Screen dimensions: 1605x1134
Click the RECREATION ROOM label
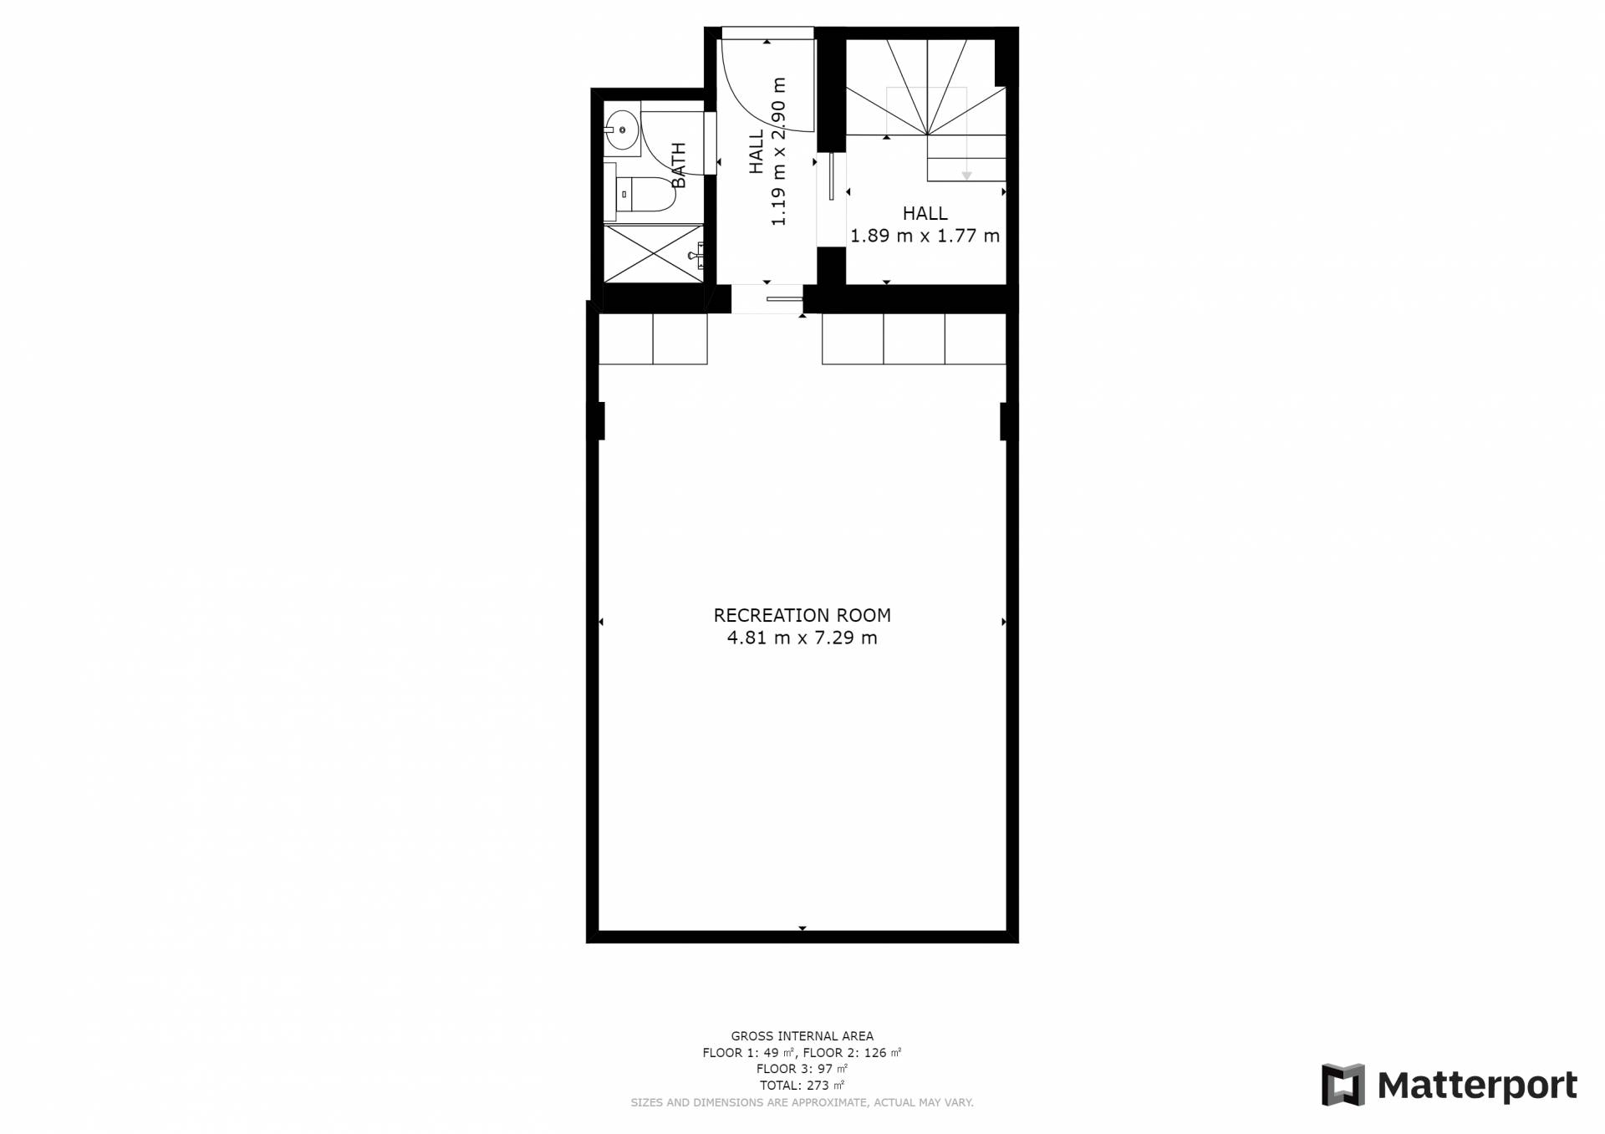tap(802, 615)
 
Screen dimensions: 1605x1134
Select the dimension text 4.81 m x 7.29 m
tap(802, 638)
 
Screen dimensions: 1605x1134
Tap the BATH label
tap(678, 165)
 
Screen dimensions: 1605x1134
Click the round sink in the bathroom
tap(622, 130)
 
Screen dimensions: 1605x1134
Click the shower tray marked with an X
tap(654, 252)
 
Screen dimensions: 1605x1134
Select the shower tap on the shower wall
tap(696, 254)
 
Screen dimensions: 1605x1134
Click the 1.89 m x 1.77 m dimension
tap(925, 236)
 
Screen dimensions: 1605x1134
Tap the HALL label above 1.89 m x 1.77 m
tap(925, 213)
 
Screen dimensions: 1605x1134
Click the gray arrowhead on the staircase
tap(966, 175)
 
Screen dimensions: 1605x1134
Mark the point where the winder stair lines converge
tap(927, 134)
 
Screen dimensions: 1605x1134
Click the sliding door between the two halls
tap(832, 176)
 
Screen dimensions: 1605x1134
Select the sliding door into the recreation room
tap(784, 298)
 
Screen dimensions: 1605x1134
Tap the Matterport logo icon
tap(1343, 1085)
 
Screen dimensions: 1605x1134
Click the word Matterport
tap(1477, 1086)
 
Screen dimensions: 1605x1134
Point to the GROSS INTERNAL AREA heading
tap(802, 1036)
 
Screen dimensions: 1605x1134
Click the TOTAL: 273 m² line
tap(802, 1086)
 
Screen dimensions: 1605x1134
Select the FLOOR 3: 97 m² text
tap(802, 1069)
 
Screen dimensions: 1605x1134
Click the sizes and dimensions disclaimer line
tap(802, 1102)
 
